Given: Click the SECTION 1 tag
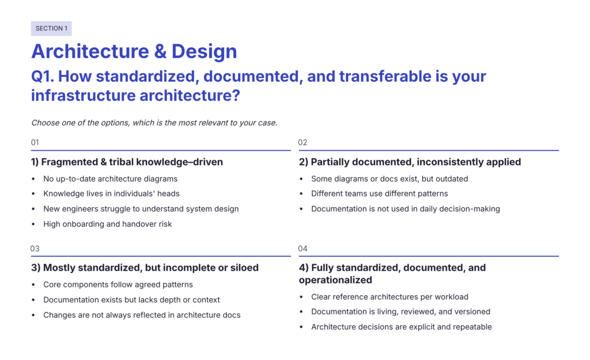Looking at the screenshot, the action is pos(51,29).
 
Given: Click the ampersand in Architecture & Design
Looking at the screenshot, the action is pos(160,51).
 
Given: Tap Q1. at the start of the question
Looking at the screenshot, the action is pos(42,77).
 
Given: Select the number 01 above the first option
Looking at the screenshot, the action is pos(35,143).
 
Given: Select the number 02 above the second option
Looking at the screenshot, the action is pos(302,143).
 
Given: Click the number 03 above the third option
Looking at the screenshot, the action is pos(35,249).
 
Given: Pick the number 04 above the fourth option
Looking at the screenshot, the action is pos(302,249).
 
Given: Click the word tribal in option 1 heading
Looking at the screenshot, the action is pos(122,162).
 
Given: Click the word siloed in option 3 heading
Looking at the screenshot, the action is pos(245,267).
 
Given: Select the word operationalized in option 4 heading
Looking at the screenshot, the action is pos(336,281).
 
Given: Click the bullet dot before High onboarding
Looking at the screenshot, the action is pos(33,224).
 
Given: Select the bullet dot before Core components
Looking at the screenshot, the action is pos(33,285).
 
